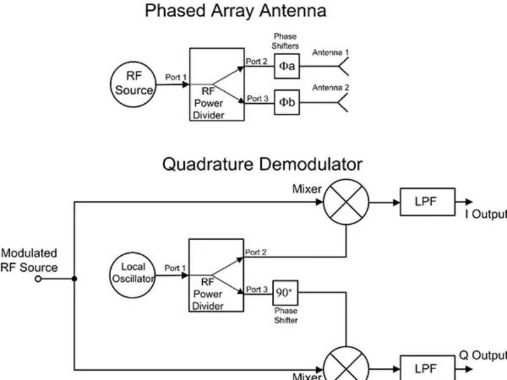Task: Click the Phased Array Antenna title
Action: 236,11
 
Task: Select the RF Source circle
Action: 134,84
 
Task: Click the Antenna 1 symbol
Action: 343,66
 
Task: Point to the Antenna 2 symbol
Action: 343,103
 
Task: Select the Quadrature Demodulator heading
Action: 262,165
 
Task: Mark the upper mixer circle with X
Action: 346,203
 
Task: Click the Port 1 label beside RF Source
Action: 176,77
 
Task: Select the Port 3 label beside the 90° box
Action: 257,289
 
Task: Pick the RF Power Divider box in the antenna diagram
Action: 216,84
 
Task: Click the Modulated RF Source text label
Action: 29,260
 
